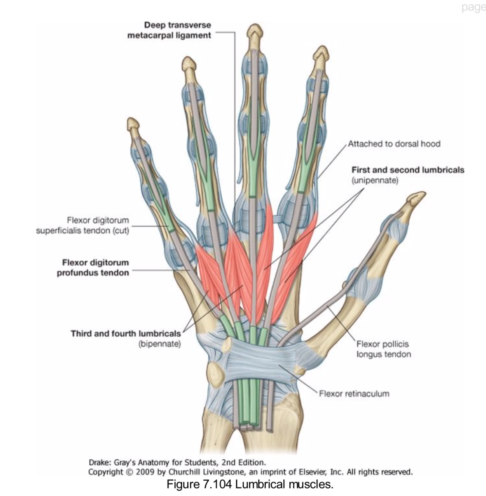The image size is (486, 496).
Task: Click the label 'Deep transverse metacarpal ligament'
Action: [169, 30]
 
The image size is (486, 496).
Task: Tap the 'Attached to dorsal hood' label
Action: [394, 144]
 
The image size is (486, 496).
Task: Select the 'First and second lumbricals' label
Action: [408, 170]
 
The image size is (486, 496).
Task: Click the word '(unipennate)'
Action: [375, 181]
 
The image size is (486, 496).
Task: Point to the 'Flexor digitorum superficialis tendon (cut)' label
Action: [83, 225]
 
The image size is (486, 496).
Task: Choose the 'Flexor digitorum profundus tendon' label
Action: [93, 268]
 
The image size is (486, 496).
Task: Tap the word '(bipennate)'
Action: [160, 344]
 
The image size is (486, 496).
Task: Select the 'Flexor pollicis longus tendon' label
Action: [383, 349]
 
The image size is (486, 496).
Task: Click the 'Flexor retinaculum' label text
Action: [354, 393]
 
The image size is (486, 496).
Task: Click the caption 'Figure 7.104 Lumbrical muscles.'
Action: [250, 485]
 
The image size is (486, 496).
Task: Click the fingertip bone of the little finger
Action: [133, 124]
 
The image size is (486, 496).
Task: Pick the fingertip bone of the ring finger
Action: [189, 65]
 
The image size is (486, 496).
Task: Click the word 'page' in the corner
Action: [473, 8]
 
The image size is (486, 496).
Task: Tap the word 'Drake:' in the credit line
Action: [100, 462]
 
